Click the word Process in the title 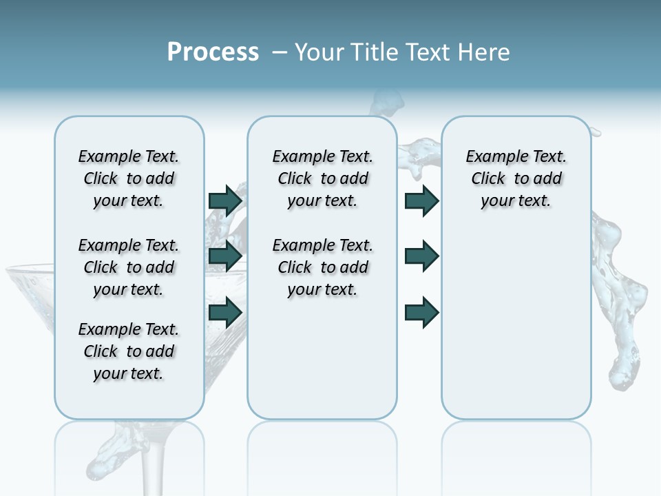213,52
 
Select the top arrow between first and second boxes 225,200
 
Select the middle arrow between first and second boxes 225,256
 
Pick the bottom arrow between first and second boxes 225,312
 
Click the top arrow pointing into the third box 422,200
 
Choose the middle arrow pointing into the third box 422,256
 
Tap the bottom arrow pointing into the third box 422,312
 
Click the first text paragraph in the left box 129,178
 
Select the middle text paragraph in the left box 129,267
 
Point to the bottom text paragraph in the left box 129,351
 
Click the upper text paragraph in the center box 322,178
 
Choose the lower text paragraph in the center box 322,267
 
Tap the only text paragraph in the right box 516,178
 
